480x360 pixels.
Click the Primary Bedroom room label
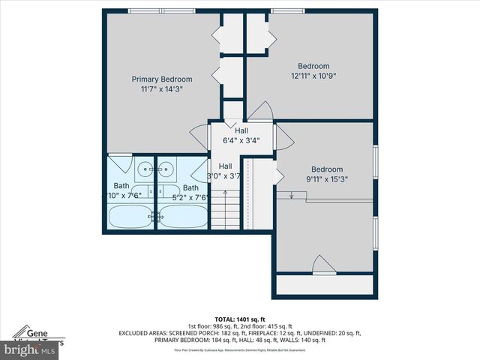162,79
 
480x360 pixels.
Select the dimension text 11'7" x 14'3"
162,88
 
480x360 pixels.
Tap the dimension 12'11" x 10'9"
313,76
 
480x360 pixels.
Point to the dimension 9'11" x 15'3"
327,178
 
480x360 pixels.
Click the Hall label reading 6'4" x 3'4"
241,139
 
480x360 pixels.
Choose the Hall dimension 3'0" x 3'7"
229,176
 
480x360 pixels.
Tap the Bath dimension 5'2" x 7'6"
191,198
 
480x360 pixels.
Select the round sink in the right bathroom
168,167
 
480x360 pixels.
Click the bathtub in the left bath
130,216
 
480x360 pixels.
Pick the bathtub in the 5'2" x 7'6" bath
181,216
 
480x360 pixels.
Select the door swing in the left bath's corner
119,161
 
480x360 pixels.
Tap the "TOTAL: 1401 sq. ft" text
240,319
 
